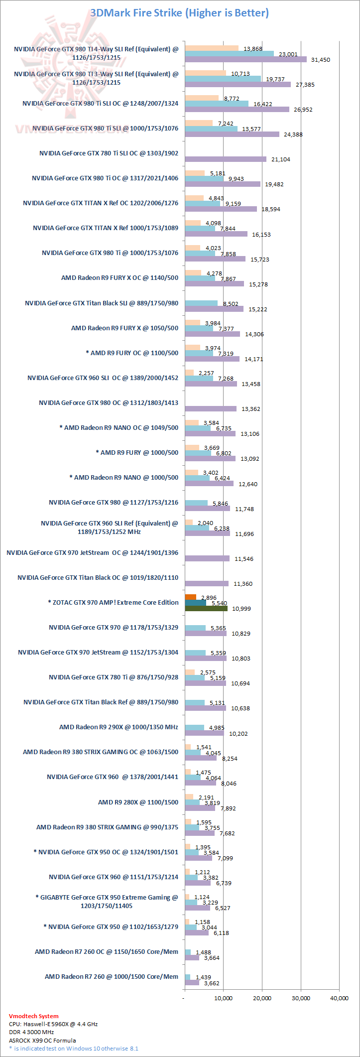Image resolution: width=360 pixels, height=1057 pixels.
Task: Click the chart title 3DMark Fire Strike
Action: (x=179, y=13)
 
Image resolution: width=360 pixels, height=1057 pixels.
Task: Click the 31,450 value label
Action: (x=320, y=60)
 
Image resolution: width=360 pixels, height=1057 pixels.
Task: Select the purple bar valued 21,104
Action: (x=226, y=159)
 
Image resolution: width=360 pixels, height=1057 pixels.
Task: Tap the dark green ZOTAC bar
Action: (x=206, y=608)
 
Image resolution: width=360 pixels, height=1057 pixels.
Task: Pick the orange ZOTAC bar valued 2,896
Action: (x=190, y=597)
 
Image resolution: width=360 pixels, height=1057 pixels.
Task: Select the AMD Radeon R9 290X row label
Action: (x=119, y=727)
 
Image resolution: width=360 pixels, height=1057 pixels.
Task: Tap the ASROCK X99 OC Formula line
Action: (x=42, y=1040)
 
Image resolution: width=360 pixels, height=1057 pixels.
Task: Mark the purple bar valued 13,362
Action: (x=211, y=408)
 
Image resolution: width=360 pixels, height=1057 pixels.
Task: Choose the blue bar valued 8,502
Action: (x=201, y=303)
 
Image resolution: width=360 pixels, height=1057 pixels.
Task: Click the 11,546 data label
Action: (x=243, y=559)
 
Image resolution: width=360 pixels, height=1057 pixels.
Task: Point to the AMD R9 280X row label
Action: (x=138, y=802)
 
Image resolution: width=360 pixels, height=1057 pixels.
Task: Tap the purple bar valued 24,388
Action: (x=232, y=134)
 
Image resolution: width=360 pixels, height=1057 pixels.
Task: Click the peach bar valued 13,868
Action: (x=212, y=48)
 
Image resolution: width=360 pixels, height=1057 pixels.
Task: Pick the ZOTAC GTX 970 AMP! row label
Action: (x=113, y=602)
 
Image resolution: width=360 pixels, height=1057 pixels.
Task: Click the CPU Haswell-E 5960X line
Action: (x=53, y=1024)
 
